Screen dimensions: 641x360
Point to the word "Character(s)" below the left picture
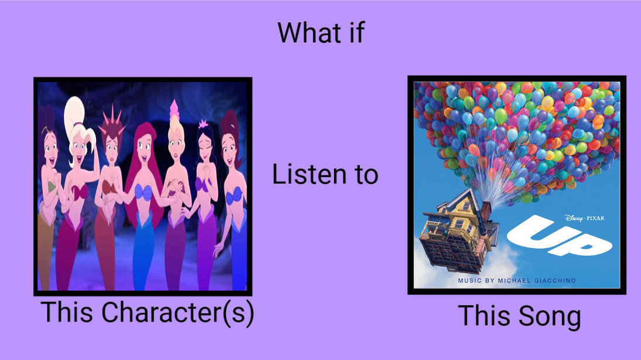pos(178,313)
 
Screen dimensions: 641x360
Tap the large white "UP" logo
pos(559,236)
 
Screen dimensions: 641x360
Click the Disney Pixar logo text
pos(584,218)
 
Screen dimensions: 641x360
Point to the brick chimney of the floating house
pos(486,211)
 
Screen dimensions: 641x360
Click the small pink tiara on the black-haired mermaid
pos(203,124)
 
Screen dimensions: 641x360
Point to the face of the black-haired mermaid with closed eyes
pos(206,149)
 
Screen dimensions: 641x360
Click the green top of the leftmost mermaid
pos(51,186)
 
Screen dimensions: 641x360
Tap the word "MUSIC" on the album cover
pos(467,281)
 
